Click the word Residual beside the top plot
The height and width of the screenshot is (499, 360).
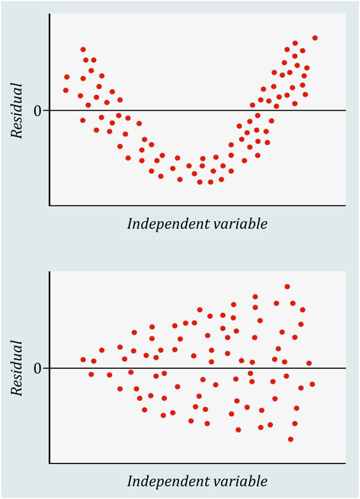(17, 110)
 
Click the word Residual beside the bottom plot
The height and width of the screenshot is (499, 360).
(17, 368)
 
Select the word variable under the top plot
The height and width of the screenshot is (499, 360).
(241, 224)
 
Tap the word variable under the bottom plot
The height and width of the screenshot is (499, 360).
(241, 481)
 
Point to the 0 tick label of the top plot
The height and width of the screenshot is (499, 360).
(37, 110)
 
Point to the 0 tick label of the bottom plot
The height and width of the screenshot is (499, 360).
(37, 368)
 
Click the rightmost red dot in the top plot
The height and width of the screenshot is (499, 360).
(315, 38)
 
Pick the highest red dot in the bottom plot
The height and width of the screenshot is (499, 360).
(287, 287)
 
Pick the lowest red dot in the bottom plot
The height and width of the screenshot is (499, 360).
(291, 439)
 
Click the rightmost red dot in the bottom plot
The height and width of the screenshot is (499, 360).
(312, 384)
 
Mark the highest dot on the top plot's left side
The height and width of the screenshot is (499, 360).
(83, 50)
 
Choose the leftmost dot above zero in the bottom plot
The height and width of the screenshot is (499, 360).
(83, 360)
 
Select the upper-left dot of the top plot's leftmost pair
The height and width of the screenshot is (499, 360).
(66, 77)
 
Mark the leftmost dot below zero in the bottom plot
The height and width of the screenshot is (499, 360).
(91, 375)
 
